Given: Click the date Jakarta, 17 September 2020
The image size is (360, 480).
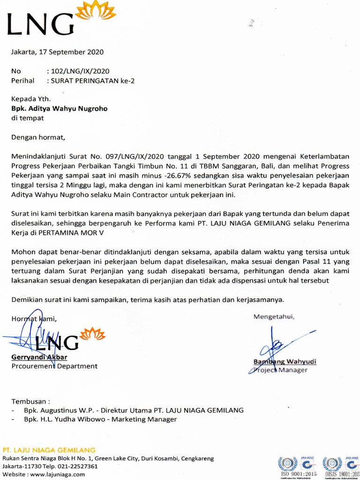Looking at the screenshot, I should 57,52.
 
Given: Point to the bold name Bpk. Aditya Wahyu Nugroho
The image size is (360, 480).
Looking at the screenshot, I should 60,109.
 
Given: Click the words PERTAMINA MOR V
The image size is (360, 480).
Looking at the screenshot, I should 71,232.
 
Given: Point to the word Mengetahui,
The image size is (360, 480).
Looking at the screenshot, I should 274,316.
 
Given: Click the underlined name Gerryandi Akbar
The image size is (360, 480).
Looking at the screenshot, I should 39,358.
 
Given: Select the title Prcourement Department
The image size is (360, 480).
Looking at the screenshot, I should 54,366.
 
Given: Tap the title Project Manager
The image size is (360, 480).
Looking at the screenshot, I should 280,370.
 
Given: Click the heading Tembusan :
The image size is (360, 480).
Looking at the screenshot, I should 30,402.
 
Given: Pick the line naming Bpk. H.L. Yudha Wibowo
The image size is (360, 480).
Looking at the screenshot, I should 100,419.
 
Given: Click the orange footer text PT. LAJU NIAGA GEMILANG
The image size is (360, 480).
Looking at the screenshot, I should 49,450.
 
